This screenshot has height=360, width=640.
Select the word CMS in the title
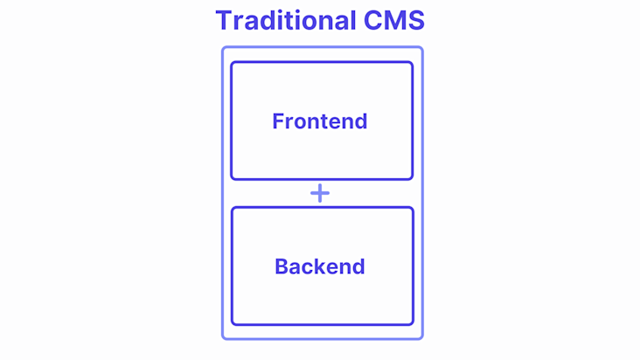[394, 20]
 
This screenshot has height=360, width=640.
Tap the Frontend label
[320, 121]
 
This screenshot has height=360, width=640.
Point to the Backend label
[320, 267]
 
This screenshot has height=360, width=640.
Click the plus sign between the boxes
[320, 193]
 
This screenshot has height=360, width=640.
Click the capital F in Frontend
[278, 121]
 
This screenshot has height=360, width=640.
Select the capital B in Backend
[282, 267]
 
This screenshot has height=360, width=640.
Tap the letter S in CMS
[416, 20]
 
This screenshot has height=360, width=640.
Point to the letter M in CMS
[394, 20]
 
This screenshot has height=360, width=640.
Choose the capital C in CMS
[372, 20]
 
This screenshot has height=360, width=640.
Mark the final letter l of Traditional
[353, 19]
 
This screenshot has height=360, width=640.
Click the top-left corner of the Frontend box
[232, 62]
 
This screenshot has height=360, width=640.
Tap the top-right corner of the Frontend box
[413, 62]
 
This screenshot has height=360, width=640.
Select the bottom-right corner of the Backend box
[413, 324]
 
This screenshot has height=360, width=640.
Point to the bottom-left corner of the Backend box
[232, 324]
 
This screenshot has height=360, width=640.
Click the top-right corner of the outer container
[422, 47]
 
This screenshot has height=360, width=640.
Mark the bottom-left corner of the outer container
[222, 338]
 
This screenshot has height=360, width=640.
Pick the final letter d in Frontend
[360, 121]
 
